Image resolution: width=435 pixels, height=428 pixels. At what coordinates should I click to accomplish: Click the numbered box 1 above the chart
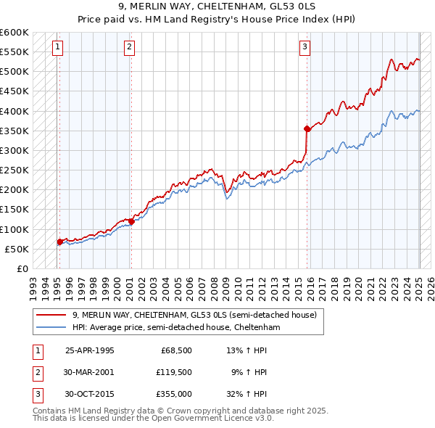(57, 47)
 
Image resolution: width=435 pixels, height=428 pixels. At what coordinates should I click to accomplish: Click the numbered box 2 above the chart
(128, 47)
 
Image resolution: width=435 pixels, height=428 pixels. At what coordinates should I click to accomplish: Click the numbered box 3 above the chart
(305, 47)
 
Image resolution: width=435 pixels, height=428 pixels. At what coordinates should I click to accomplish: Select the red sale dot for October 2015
(307, 128)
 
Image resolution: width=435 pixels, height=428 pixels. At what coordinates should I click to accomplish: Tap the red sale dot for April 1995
(59, 242)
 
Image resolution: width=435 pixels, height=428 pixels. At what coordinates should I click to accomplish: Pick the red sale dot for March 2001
(131, 221)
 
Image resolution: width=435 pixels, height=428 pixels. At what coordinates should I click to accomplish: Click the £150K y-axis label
(14, 210)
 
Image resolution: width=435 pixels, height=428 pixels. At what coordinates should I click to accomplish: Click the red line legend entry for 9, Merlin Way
(194, 316)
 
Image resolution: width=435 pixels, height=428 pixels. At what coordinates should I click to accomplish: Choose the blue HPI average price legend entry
(175, 328)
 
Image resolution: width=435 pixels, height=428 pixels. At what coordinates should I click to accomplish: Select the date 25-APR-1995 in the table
(90, 350)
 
